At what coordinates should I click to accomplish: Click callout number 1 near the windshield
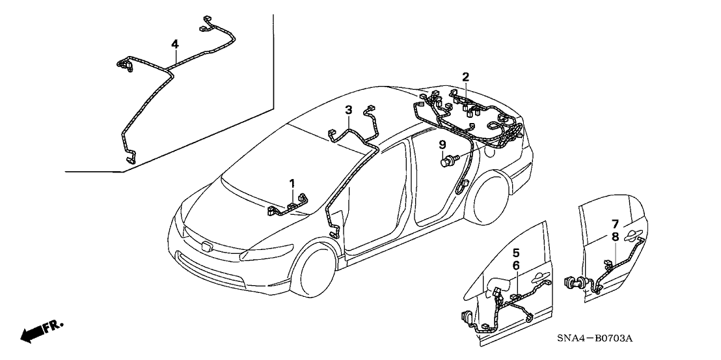292,184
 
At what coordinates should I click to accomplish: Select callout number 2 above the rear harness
466,77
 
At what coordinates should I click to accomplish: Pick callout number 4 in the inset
174,44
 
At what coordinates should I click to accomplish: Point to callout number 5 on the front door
516,252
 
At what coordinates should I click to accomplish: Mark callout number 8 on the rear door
615,238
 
